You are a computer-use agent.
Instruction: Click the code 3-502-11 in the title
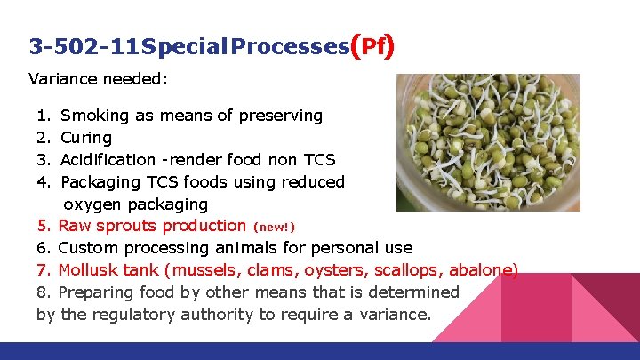click(x=84, y=46)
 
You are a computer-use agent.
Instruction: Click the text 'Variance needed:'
click(x=99, y=78)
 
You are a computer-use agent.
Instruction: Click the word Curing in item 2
click(x=86, y=138)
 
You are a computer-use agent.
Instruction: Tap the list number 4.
click(x=43, y=182)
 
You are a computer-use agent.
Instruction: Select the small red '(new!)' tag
click(x=275, y=227)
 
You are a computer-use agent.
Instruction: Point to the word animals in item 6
click(x=265, y=248)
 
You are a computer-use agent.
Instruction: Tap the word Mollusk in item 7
click(x=94, y=270)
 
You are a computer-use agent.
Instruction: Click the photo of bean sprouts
click(x=488, y=142)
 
